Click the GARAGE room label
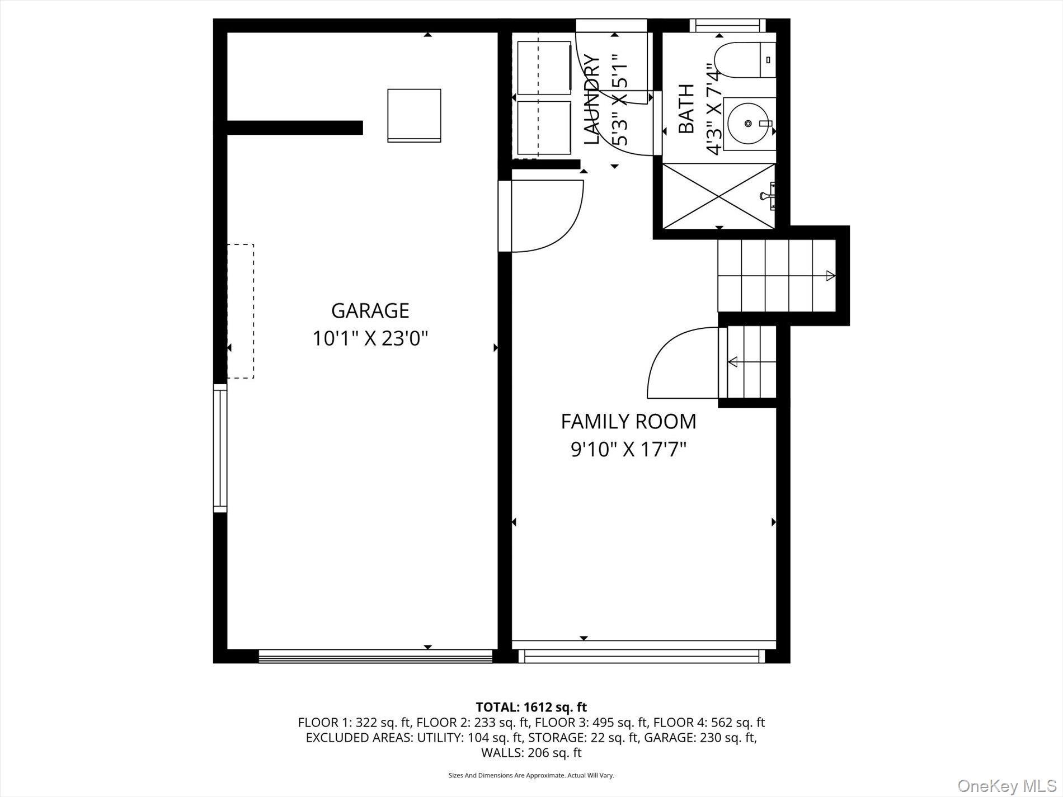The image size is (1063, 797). coord(370,310)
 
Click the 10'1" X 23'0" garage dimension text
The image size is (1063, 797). coord(370,338)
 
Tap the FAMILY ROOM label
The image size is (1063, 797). coord(628,421)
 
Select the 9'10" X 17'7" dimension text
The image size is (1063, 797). coord(628,449)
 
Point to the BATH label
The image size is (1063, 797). coord(686,109)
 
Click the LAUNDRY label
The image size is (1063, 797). coord(592,100)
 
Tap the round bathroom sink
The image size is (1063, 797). coord(749,124)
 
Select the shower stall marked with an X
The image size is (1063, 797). coord(719,196)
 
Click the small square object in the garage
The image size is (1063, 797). coord(414,115)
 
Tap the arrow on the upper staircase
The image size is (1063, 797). coord(830,275)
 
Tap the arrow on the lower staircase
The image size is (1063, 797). coord(732,362)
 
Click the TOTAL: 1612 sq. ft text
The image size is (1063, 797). coord(531,708)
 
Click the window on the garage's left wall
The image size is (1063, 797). coord(220,447)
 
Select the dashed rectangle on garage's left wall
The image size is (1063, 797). coord(241,311)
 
